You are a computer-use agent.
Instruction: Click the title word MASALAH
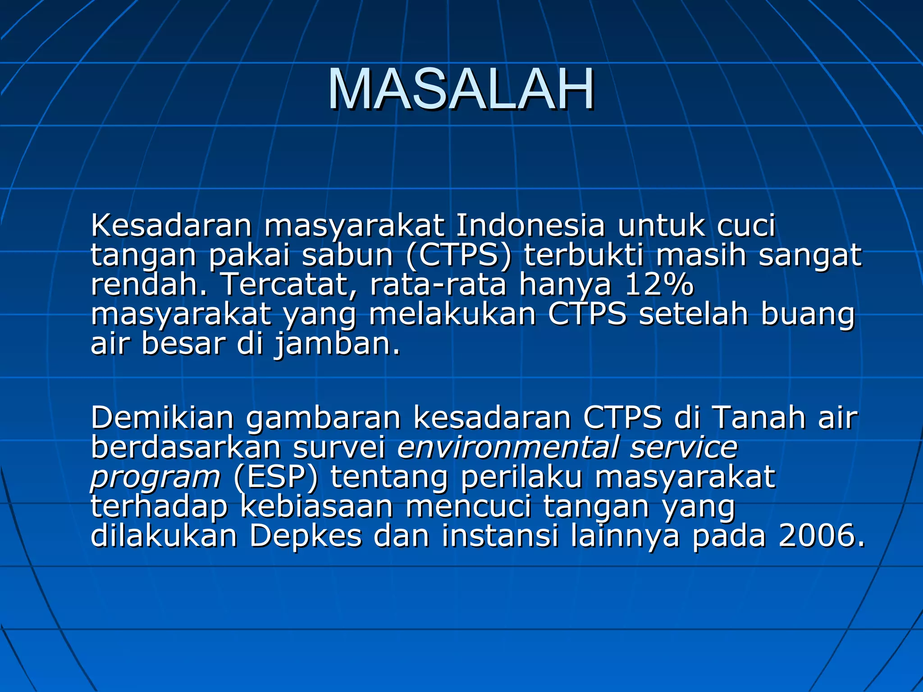click(x=461, y=89)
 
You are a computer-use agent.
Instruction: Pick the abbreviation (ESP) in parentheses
click(x=276, y=477)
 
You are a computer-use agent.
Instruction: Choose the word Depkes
click(x=306, y=536)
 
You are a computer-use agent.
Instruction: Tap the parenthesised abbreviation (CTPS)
click(x=458, y=255)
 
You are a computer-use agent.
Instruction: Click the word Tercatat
click(x=288, y=285)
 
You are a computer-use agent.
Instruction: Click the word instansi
click(x=500, y=536)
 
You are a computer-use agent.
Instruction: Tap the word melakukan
click(x=452, y=314)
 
